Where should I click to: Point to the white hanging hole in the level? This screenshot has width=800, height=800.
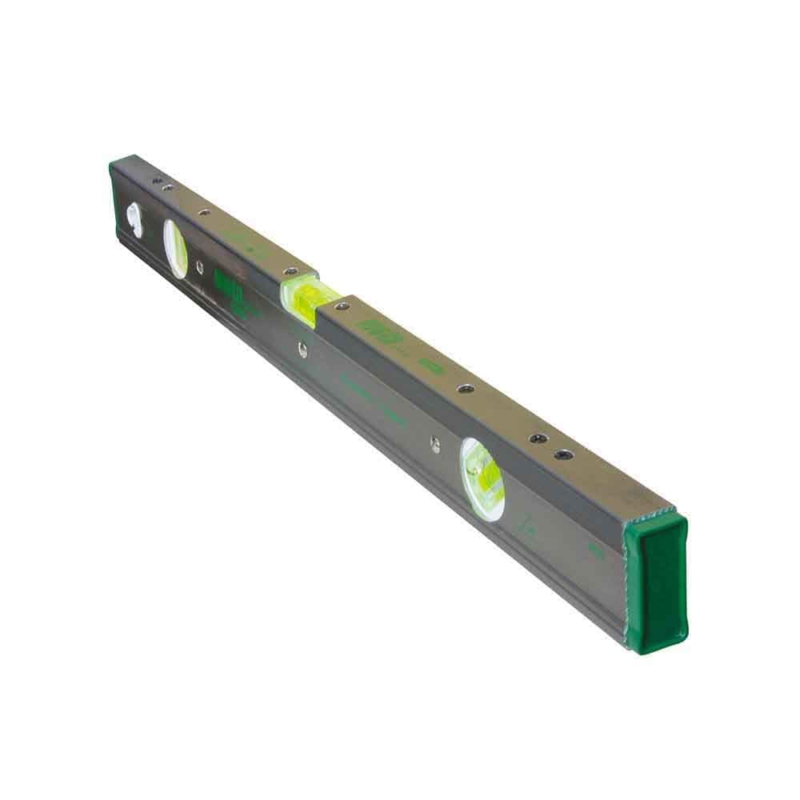[x=134, y=220]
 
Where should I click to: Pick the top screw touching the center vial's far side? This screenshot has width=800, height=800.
[x=290, y=272]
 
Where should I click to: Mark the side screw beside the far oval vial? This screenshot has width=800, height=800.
[x=198, y=268]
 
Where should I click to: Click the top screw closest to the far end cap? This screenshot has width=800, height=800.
[x=157, y=181]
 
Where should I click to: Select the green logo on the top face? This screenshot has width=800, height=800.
[x=374, y=328]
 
